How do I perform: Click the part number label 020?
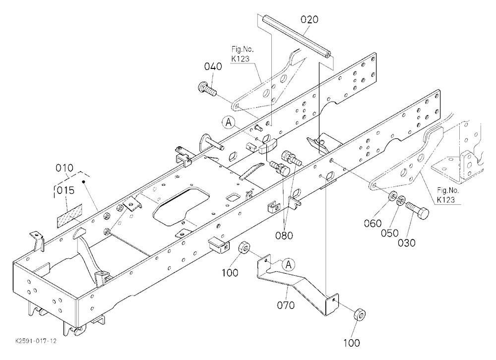coord(309,20)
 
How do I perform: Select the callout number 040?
coord(213,66)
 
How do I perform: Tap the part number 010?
coord(64,168)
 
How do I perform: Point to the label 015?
coord(65,190)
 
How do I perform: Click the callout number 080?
coord(284,236)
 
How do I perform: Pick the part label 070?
coord(286,305)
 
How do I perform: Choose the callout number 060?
coord(372,223)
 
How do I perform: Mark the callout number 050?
coord(389,233)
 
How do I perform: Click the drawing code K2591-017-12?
coord(36,341)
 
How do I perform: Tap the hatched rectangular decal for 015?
coord(69,216)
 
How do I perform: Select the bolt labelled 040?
coord(207,89)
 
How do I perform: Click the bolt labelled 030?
coord(418,209)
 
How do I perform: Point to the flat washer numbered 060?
coord(392,197)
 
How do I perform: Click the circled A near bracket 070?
coord(289,264)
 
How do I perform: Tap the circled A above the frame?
coord(229,122)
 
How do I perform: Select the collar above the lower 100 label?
coord(358,315)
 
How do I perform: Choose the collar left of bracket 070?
coord(245,247)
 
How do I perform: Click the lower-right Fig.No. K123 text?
coord(447,195)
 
